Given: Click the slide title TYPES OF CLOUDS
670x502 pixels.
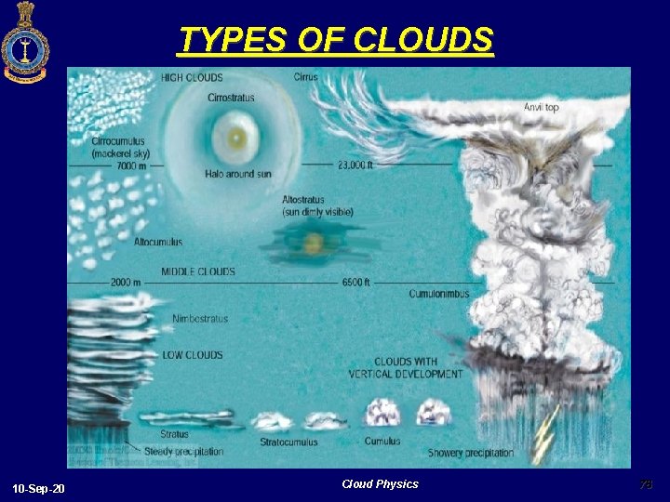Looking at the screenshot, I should pos(336,40).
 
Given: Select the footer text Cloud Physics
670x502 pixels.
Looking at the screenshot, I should pos(380,483).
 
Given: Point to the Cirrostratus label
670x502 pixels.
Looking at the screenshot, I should pos(231,97).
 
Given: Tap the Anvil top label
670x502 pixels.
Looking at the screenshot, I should pos(541,108).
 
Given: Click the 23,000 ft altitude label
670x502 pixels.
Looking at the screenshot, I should pos(355,165).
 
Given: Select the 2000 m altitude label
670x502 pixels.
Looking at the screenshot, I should pos(125,282).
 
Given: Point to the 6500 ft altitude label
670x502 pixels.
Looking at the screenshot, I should pos(356,282).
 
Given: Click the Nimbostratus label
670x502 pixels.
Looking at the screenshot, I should pos(200,319).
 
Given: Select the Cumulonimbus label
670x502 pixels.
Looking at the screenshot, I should pos(439,294).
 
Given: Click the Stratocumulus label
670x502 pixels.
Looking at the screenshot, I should pos(288,442).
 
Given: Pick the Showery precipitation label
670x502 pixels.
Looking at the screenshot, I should pos(470,453).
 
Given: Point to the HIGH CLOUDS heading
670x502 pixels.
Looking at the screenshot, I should pos(193,77).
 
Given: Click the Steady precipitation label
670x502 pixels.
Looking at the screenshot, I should pos(183,452).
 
